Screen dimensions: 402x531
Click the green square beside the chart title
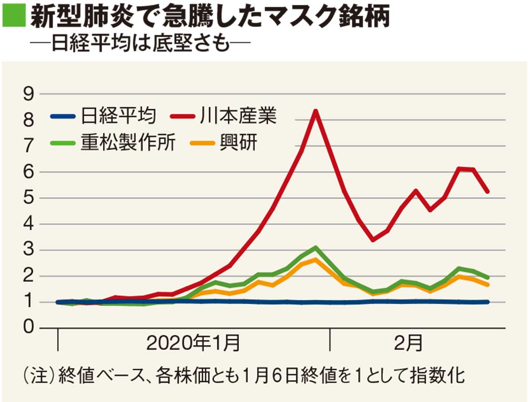13,17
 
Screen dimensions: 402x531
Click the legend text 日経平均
118,116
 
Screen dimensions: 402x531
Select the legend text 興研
238,143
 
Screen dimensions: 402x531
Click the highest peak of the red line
315,111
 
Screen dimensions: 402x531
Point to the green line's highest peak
315,247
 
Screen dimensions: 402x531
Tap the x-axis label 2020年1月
193,344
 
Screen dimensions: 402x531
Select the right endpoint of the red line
488,191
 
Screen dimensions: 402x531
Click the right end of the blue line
488,302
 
